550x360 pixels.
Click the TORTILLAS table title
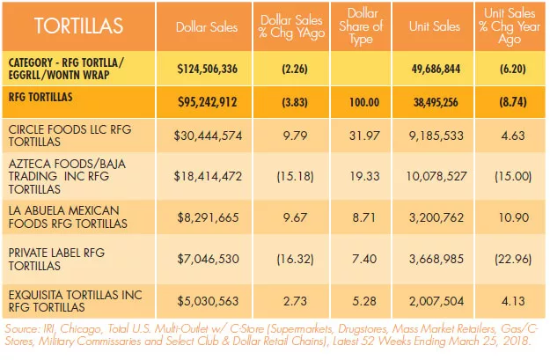click(x=78, y=26)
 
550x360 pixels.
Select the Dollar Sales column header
click(x=207, y=27)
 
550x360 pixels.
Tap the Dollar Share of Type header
click(x=361, y=26)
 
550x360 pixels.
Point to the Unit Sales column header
click(x=434, y=26)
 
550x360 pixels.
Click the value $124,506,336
click(x=208, y=69)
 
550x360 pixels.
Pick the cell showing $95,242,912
click(x=208, y=102)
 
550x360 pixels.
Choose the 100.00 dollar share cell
click(x=364, y=102)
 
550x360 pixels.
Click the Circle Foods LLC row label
click(x=70, y=136)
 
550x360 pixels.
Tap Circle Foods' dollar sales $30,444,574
click(x=208, y=136)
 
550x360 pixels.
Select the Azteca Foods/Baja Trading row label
click(x=67, y=177)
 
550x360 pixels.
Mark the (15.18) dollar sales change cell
click(x=295, y=176)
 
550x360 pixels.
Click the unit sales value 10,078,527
click(x=436, y=176)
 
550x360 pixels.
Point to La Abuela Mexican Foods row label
click(x=68, y=217)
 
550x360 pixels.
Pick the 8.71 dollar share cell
click(x=364, y=217)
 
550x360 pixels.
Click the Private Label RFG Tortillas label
click(x=56, y=259)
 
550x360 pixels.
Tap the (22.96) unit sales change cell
click(x=513, y=259)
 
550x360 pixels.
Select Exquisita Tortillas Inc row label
click(x=75, y=301)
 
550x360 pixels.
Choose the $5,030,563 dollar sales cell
click(x=208, y=301)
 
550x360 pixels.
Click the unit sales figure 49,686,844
click(x=436, y=69)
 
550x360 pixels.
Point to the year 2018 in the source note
click(x=516, y=341)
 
